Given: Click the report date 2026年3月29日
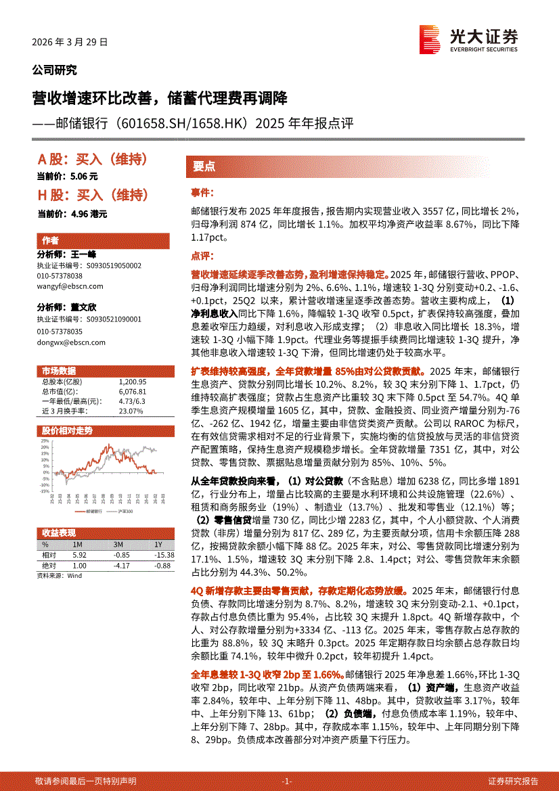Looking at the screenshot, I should click(70, 42).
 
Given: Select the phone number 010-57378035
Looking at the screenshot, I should click(60, 332).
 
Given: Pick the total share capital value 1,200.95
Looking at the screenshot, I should click(132, 382).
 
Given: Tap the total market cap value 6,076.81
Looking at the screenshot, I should click(132, 392).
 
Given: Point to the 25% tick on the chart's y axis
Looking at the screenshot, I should click(45, 441).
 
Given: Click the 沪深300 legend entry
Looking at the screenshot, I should click(124, 512).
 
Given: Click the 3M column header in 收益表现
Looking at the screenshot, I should click(118, 545).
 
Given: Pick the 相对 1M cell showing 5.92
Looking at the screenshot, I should click(79, 555).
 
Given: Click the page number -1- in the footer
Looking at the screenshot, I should click(287, 781).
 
